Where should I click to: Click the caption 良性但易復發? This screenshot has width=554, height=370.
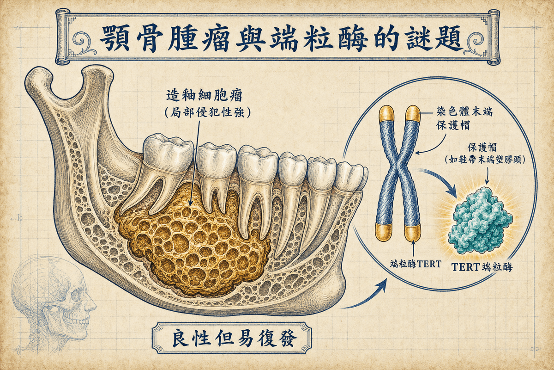(231, 339)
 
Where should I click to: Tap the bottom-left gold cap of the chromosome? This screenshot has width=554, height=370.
(384, 232)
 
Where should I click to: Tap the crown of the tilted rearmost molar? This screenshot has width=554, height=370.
(168, 152)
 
